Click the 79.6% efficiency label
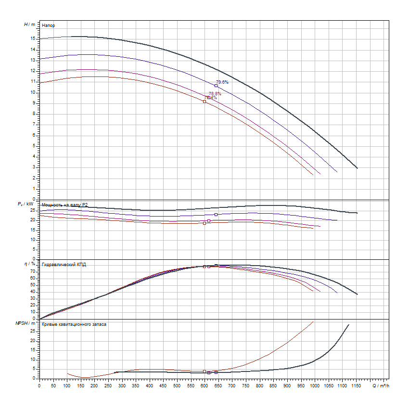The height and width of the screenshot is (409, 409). pos(222,82)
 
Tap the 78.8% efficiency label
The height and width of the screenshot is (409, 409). pos(215,94)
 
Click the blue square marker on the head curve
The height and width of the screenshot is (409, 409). pos(216,86)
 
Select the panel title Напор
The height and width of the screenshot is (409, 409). pos(48,25)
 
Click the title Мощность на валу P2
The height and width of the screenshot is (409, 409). pos(64,204)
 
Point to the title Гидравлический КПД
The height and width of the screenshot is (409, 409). pos(64,264)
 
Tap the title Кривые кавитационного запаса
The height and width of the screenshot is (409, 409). pos(74,324)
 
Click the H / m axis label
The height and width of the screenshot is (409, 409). pos(29,24)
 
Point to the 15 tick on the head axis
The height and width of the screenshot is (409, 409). pos(33,38)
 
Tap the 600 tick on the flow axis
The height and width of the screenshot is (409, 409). pos(204,385)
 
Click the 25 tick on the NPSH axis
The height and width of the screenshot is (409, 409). pos(33,331)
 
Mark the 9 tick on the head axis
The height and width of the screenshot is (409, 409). pos(34,102)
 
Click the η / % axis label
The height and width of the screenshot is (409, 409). pos(30,264)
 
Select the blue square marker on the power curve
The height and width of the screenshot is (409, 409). pos(216,215)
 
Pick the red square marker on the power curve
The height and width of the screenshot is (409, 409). pos(204,223)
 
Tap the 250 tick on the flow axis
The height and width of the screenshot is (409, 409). pos(108,385)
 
